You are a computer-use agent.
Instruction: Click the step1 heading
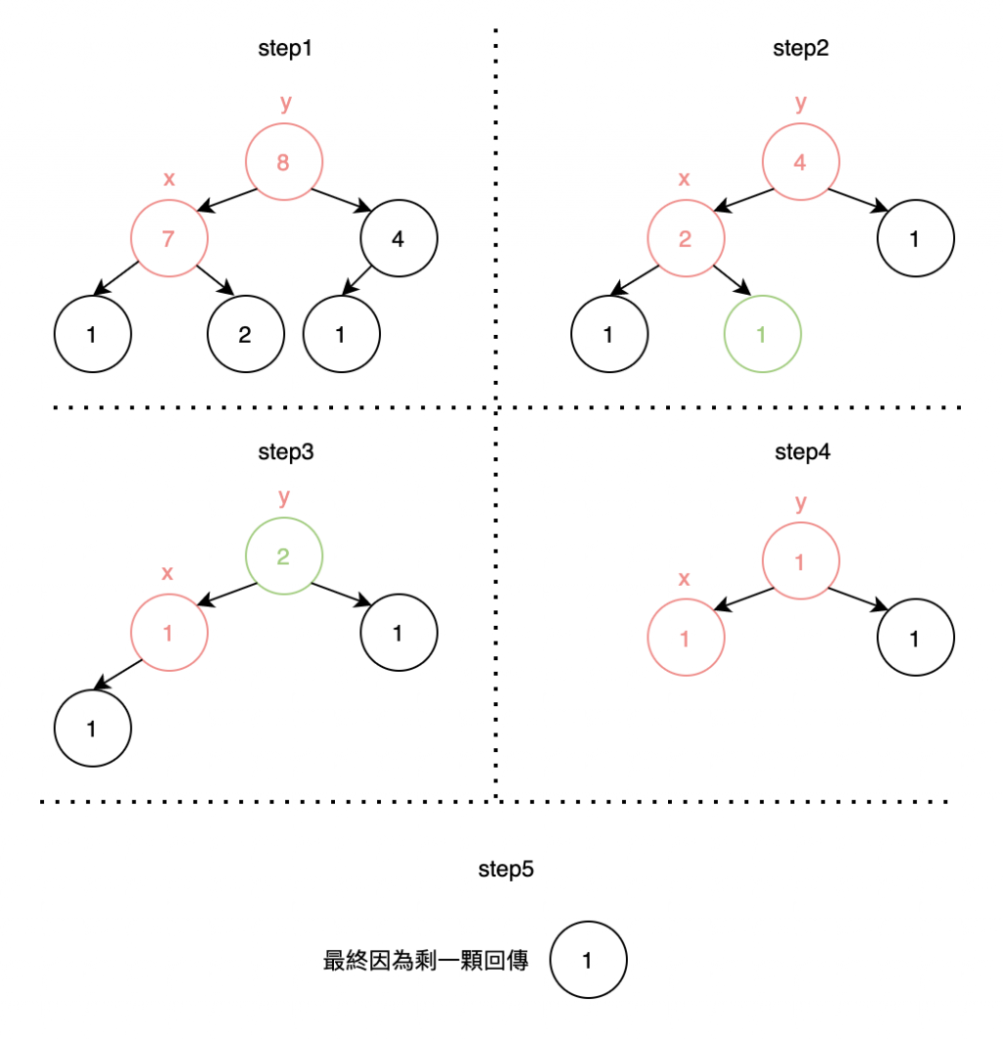click(284, 49)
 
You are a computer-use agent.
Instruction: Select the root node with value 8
click(283, 163)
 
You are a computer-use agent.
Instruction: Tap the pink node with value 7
click(168, 238)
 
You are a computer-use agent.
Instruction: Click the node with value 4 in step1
click(398, 238)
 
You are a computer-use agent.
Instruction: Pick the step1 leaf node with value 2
click(245, 334)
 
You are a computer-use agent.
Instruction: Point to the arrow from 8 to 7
click(227, 199)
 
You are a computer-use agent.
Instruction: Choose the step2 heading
click(801, 49)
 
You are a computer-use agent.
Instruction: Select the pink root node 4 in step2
click(800, 163)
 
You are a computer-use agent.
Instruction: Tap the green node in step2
click(762, 334)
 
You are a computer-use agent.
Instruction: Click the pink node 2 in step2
click(686, 238)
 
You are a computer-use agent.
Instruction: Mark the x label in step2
click(685, 179)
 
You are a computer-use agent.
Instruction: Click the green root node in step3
click(283, 557)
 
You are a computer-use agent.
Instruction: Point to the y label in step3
click(284, 497)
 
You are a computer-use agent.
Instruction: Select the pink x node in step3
click(168, 633)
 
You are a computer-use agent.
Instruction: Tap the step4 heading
click(801, 451)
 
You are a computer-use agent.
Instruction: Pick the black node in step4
click(915, 640)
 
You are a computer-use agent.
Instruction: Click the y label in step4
click(801, 503)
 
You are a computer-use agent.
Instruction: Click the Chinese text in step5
click(426, 961)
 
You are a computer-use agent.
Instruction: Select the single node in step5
click(588, 961)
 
